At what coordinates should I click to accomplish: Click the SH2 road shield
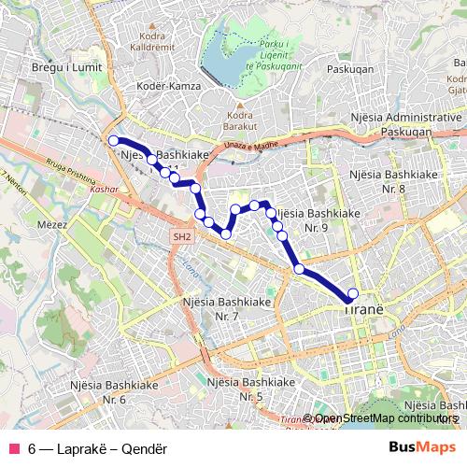click(181, 238)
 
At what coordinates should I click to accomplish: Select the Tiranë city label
click(364, 307)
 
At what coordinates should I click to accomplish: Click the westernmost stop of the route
click(114, 141)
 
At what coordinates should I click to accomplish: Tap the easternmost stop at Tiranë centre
click(352, 293)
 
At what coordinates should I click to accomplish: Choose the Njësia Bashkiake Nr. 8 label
click(389, 181)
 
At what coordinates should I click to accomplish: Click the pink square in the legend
click(13, 446)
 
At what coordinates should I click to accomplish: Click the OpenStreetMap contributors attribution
click(384, 419)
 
